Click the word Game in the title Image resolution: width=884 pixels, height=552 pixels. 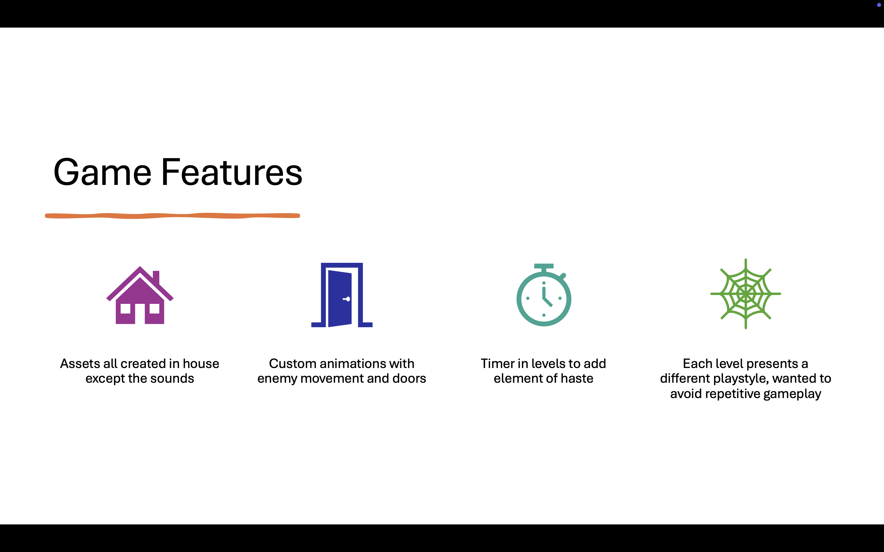coord(102,172)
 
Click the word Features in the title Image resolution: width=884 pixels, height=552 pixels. coord(232,172)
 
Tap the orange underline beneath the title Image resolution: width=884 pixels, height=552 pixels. coord(173,216)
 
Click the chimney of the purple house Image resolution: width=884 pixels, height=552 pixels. coord(156,278)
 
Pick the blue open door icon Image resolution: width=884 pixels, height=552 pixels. coord(342,295)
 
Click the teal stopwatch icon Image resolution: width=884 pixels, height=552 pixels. coord(544,295)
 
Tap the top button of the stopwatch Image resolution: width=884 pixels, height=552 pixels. coord(544,266)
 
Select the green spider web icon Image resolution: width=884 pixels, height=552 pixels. coord(746,293)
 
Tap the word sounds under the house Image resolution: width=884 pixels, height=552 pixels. coord(172,379)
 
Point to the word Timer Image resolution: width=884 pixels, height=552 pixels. coord(498,364)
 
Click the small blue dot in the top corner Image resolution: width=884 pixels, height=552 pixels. coord(879,5)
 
